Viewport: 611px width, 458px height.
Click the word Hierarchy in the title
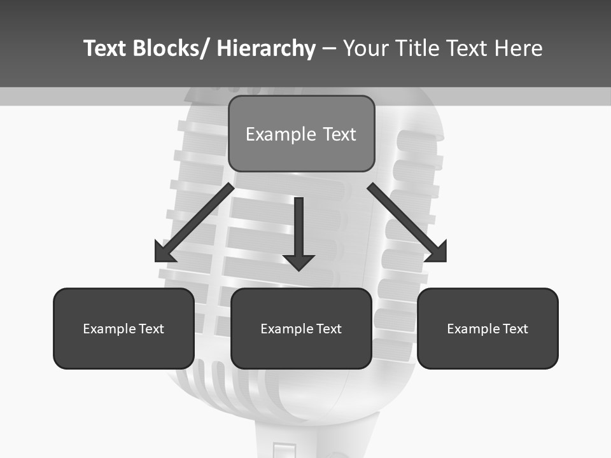click(x=266, y=48)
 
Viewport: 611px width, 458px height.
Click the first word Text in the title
click(x=106, y=48)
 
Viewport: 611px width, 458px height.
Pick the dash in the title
click(x=329, y=48)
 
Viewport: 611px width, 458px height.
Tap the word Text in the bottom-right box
click(x=514, y=329)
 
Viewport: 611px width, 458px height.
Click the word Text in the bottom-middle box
click(x=327, y=329)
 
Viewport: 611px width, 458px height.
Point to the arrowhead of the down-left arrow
click(x=164, y=253)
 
